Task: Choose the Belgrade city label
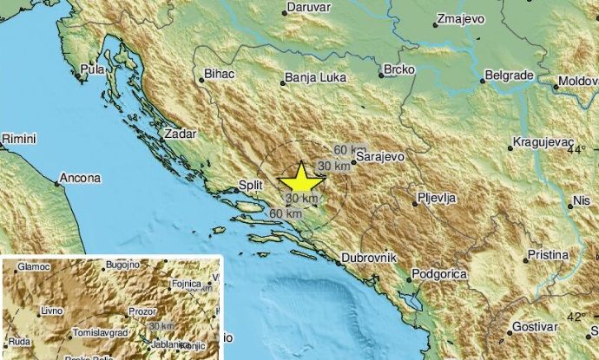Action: pyautogui.click(x=507, y=75)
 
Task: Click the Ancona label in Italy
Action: pyautogui.click(x=79, y=180)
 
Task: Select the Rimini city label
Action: pyautogui.click(x=18, y=138)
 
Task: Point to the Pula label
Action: pyautogui.click(x=91, y=68)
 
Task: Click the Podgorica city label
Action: pyautogui.click(x=439, y=274)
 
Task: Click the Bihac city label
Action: pyautogui.click(x=220, y=75)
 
